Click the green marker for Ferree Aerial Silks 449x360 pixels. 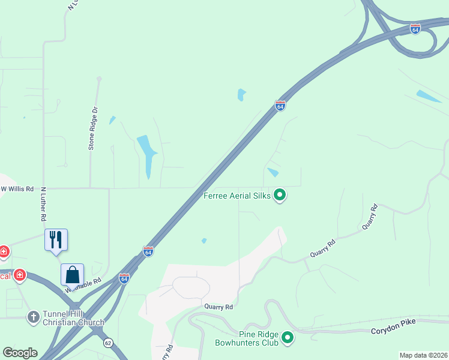(x=279, y=195)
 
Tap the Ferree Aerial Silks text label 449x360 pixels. (x=237, y=196)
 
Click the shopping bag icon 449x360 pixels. (x=72, y=274)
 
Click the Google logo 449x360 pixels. (x=20, y=353)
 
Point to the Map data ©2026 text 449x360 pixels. (x=423, y=355)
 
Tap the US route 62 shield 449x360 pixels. (x=107, y=343)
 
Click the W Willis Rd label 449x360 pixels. (x=17, y=188)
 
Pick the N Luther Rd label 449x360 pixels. (x=43, y=204)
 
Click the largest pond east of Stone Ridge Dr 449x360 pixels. (x=146, y=154)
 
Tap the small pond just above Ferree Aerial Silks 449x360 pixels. (x=273, y=172)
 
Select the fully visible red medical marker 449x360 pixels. (x=20, y=275)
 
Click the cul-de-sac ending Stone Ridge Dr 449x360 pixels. (x=99, y=79)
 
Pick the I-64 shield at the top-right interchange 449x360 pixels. (x=415, y=28)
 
